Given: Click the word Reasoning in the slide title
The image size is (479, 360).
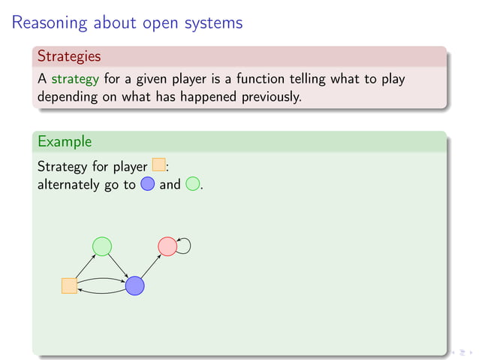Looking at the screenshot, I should click(x=50, y=23).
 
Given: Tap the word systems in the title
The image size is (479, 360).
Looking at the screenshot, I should click(x=214, y=23).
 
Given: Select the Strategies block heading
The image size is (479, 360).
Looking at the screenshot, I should click(x=69, y=56).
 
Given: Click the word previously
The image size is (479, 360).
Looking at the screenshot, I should click(x=268, y=97).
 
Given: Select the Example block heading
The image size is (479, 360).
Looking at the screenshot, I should click(x=65, y=141).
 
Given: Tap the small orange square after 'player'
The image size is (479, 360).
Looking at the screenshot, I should click(x=158, y=165).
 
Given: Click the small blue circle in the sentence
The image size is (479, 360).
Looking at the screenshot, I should click(x=147, y=183).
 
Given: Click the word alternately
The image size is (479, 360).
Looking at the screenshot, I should click(x=69, y=183).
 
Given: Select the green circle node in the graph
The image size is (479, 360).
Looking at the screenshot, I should click(x=101, y=246).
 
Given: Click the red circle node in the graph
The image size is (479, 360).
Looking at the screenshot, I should click(x=167, y=246).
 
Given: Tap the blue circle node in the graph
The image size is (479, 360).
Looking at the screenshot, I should click(x=134, y=286).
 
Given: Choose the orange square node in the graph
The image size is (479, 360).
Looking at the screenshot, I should click(x=69, y=286).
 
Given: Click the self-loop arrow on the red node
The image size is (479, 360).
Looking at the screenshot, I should click(x=185, y=245).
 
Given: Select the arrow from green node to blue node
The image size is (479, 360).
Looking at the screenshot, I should click(x=118, y=265).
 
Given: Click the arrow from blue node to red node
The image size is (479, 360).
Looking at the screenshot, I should click(x=150, y=266).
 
